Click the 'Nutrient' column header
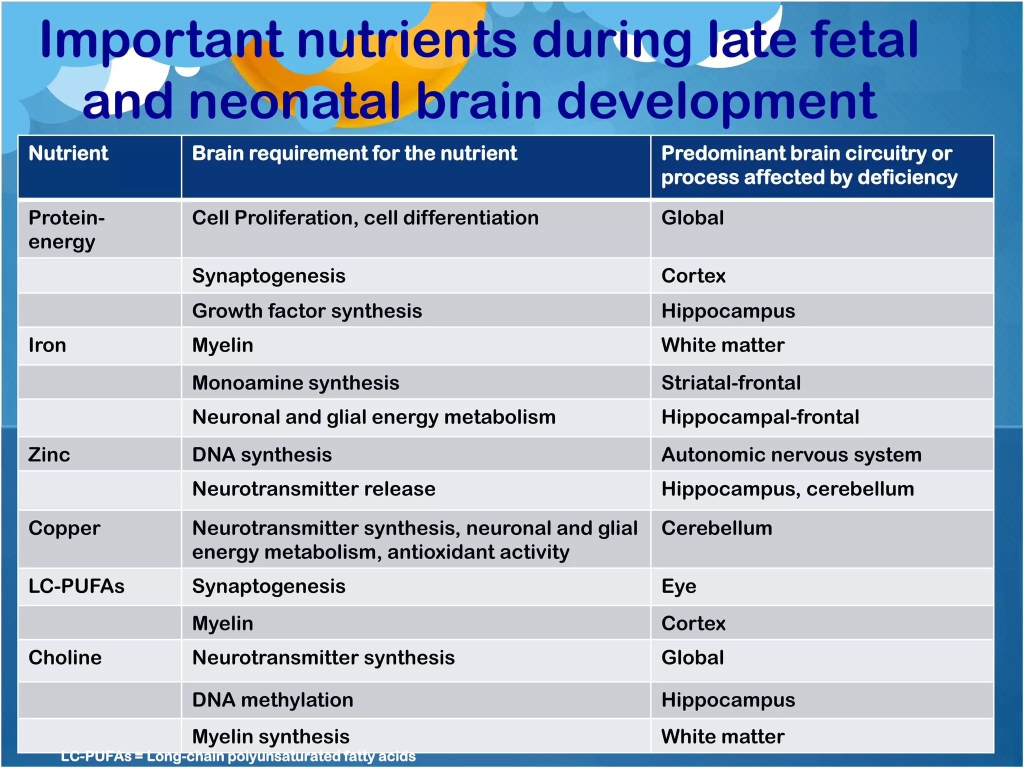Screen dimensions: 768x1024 click(68, 153)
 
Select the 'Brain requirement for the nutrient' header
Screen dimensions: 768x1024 click(354, 153)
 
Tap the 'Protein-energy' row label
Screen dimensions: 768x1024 click(66, 229)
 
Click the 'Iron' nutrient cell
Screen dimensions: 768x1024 click(47, 345)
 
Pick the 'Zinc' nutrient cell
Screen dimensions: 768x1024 click(49, 455)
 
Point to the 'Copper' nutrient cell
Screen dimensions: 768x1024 click(64, 528)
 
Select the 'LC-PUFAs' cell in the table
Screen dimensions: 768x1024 click(76, 586)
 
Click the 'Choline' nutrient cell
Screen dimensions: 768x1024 click(65, 658)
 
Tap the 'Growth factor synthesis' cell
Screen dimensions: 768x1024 click(307, 311)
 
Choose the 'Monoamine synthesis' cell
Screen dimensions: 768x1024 click(295, 383)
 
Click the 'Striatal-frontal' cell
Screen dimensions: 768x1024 click(730, 383)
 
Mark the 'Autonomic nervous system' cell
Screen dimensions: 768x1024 click(791, 455)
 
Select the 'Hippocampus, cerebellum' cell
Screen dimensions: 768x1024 click(787, 489)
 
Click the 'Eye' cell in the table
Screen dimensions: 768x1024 click(678, 586)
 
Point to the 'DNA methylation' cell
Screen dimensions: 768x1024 click(272, 700)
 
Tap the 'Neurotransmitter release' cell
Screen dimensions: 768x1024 click(313, 489)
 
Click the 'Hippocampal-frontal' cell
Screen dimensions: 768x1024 click(760, 417)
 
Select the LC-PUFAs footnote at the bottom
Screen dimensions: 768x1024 click(238, 756)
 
